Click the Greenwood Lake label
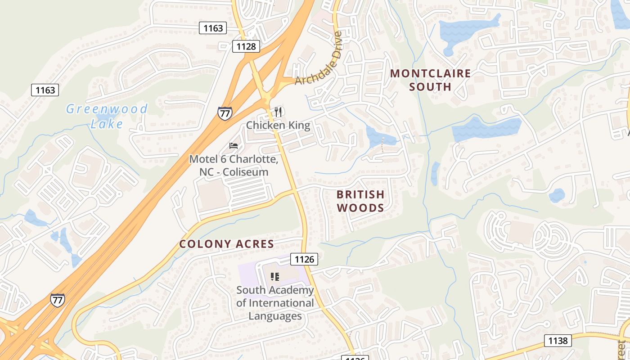(107, 116)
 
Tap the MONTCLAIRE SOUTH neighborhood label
(430, 80)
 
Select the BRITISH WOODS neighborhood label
(360, 201)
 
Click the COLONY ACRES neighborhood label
(226, 244)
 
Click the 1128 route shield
(246, 46)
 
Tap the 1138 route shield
(558, 341)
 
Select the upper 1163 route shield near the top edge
(213, 28)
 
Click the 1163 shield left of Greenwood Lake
(45, 90)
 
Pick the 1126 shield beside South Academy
(304, 259)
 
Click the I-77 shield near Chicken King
(225, 113)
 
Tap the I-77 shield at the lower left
(57, 300)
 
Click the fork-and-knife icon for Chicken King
(279, 112)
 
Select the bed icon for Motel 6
(233, 145)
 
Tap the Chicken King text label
(278, 125)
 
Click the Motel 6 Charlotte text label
(234, 166)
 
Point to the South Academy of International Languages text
(275, 303)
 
